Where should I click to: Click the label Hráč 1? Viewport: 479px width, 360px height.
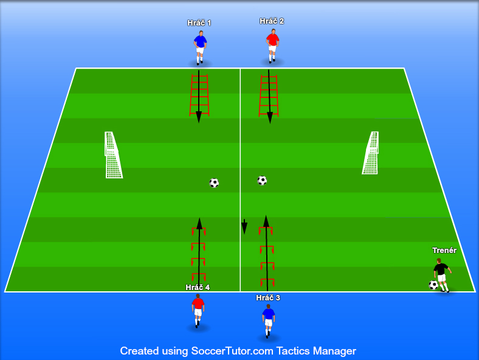click(199, 23)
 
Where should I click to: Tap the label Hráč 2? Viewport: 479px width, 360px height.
click(272, 21)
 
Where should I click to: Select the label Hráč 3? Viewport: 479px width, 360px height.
click(268, 298)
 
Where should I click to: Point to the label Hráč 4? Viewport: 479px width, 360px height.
click(198, 288)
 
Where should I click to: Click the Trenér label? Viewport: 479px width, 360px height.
click(444, 251)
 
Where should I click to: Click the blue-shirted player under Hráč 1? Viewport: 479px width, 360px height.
click(200, 48)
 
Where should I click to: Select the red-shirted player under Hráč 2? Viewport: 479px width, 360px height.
click(272, 46)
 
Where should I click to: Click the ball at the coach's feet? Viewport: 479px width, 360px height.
click(433, 285)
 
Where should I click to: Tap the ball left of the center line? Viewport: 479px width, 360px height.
click(214, 182)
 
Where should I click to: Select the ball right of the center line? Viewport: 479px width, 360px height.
click(262, 181)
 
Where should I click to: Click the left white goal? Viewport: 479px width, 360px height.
click(112, 156)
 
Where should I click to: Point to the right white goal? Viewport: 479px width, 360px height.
click(371, 153)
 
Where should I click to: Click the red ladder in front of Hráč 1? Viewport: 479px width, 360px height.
click(199, 94)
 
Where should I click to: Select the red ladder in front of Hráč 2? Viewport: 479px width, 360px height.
click(268, 95)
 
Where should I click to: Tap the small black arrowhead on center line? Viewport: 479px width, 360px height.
click(244, 228)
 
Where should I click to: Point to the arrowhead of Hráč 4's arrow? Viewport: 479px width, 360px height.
click(199, 223)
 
